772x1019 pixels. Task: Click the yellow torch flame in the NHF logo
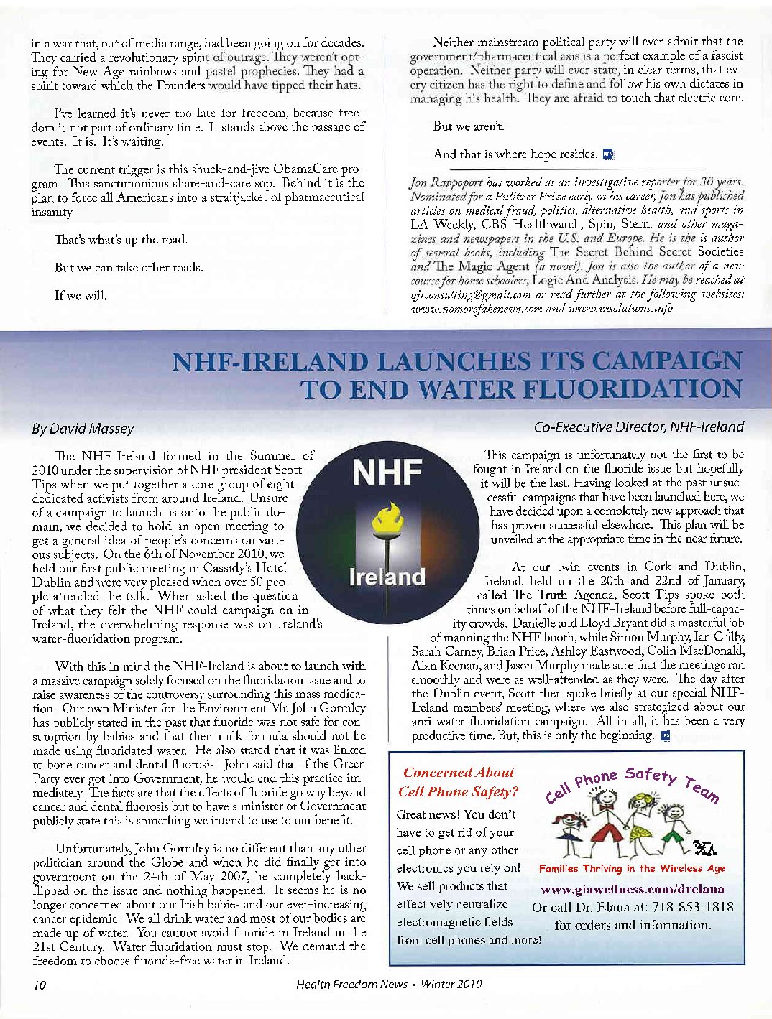pos(387,516)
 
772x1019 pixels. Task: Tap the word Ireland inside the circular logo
pos(387,577)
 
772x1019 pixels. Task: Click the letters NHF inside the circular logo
pos(387,474)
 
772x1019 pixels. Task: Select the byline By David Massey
pos(83,429)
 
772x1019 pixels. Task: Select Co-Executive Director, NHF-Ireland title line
pos(638,427)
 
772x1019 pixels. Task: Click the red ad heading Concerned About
pos(458,773)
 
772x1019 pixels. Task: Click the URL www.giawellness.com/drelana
pos(632,889)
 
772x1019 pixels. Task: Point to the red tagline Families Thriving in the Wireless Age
pos(632,868)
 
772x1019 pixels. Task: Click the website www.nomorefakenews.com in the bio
pos(471,309)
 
